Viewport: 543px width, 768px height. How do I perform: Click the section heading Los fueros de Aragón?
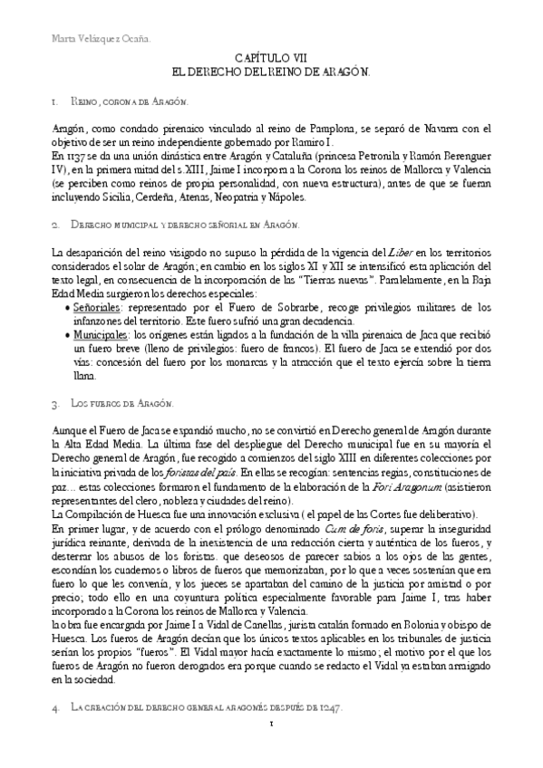121,401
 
